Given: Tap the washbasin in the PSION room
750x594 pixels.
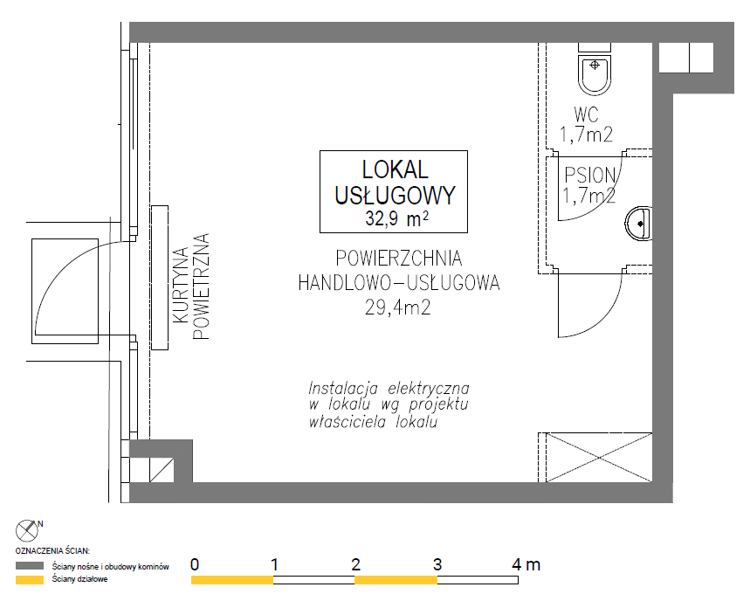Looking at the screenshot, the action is pos(638,224).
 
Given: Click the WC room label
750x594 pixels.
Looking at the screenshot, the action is pos(586,115).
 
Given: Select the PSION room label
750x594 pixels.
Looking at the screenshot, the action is pos(589,176).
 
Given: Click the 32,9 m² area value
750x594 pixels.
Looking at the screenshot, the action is pos(396,218).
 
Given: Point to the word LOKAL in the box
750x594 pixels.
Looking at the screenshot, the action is pos(396,169).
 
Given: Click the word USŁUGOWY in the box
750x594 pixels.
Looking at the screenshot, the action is pos(396,196).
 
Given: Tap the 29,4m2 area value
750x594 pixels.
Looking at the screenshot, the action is pos(397,307).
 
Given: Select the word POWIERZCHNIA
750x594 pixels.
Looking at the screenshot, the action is pos(399,259).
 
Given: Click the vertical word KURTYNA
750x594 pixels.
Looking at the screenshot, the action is pos(181,285).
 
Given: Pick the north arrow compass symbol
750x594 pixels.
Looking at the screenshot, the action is pos(27,530).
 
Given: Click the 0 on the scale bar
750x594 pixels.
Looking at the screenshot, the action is pos(194,565).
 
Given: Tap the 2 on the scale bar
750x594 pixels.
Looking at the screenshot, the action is pos(355,565).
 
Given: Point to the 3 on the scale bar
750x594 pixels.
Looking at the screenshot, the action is pos(437,565).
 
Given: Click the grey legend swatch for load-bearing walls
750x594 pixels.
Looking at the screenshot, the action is pos(30,566).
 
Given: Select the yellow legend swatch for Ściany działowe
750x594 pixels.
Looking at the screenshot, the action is pos(30,580).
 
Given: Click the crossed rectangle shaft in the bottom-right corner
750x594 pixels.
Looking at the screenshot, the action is pos(599,458).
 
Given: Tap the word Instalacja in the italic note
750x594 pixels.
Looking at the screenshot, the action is pos(343,388).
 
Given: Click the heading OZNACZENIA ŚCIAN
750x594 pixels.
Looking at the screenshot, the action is pos(52,551).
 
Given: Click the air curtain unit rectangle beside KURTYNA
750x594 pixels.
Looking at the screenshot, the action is pos(160,278).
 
